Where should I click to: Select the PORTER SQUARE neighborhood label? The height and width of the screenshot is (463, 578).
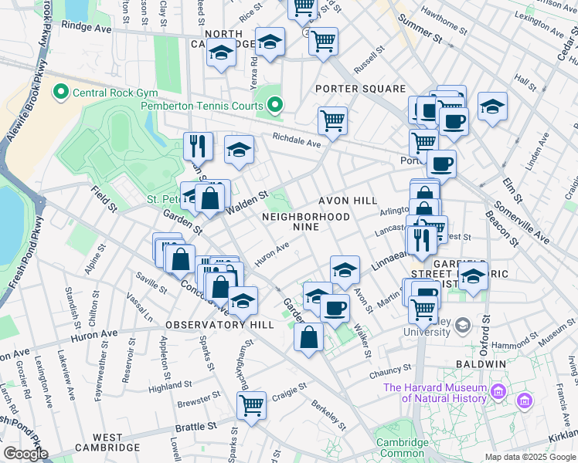pyautogui.click(x=361, y=89)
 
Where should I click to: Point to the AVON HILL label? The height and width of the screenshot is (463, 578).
pyautogui.click(x=355, y=201)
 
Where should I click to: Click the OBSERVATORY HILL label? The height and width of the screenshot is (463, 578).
pyautogui.click(x=219, y=325)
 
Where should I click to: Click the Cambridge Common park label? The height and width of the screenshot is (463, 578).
pyautogui.click(x=402, y=448)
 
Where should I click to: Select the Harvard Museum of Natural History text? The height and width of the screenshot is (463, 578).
pyautogui.click(x=435, y=393)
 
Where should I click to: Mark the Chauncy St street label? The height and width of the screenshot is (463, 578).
pyautogui.click(x=391, y=373)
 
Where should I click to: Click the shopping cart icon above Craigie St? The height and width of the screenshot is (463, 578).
pyautogui.click(x=252, y=404)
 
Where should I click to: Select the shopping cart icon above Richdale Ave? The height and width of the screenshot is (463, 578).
pyautogui.click(x=332, y=120)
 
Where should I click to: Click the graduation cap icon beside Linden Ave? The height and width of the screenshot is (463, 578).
pyautogui.click(x=491, y=106)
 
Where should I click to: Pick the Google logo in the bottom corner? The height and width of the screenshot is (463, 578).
pyautogui.click(x=25, y=454)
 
